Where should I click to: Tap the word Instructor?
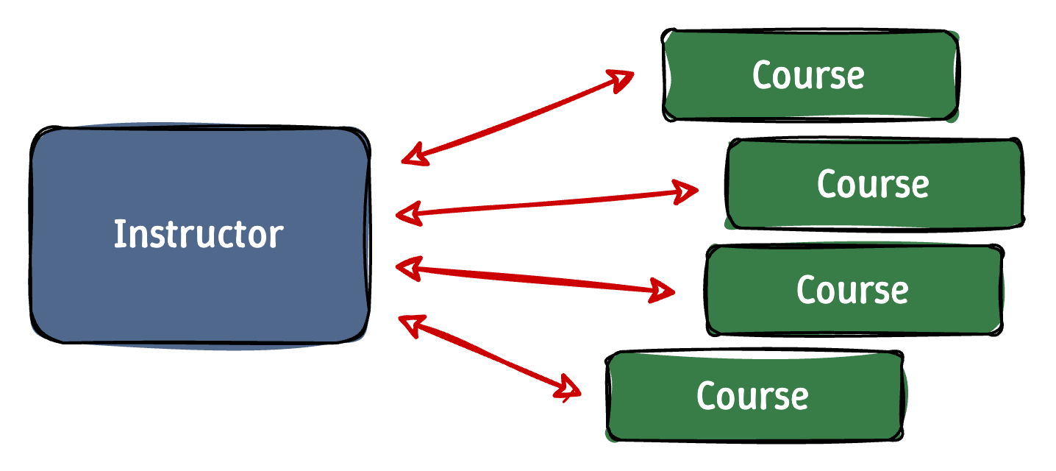199,234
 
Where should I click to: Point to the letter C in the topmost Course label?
764,75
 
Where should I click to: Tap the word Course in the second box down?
873,184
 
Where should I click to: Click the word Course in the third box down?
852,290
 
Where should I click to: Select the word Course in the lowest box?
752,396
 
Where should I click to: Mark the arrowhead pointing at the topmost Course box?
622,78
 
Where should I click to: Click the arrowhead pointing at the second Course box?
687,191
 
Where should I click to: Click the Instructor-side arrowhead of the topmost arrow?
413,155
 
